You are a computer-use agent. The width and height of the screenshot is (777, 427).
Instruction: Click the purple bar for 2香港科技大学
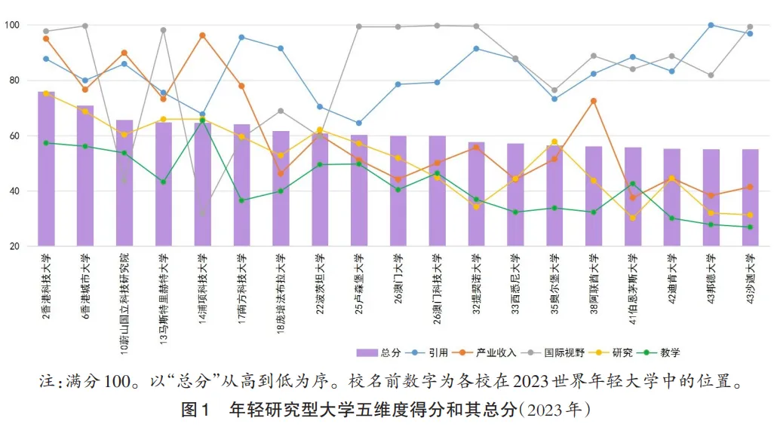pos(46,169)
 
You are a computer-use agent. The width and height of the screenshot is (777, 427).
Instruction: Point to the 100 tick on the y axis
pos(13,26)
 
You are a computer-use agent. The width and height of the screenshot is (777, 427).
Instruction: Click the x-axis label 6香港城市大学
pos(86,286)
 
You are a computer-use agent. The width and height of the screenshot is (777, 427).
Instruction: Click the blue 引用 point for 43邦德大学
pos(711,25)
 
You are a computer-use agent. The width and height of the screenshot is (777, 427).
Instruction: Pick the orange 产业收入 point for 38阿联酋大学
pos(594,101)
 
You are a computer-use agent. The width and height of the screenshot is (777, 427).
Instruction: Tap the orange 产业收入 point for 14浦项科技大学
pos(202,35)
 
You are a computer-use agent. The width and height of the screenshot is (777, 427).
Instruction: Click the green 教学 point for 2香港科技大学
pos(46,142)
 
